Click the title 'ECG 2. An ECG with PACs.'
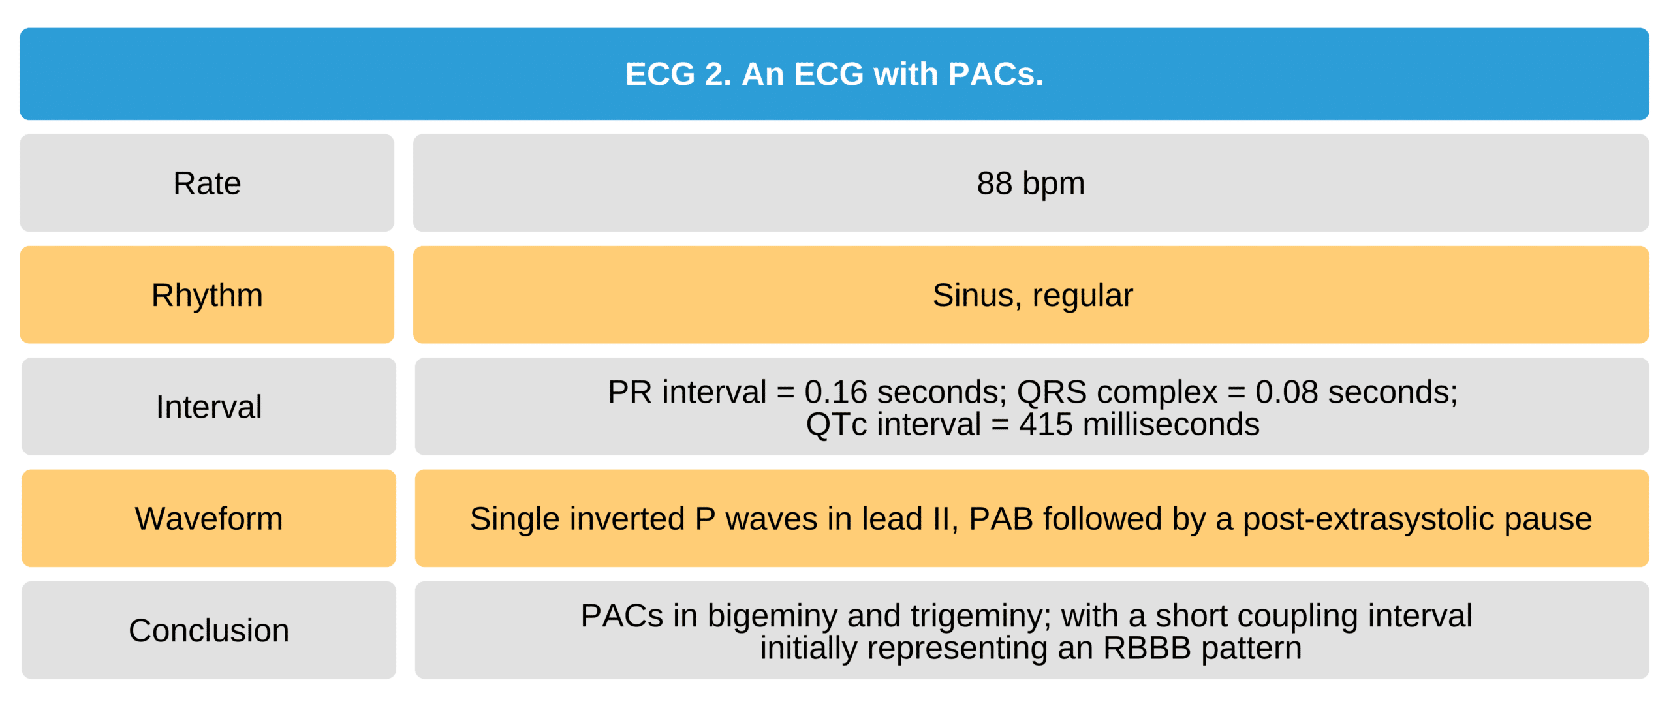pos(834,74)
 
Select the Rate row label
pos(207,183)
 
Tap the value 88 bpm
pos(1031,183)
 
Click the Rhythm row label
pos(207,295)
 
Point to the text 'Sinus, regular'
pos(1033,295)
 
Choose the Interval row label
pos(209,407)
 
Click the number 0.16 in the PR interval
pos(835,392)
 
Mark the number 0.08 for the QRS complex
pos(1287,392)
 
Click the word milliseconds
pos(1171,424)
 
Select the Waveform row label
pos(209,519)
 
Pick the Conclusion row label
pos(209,630)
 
